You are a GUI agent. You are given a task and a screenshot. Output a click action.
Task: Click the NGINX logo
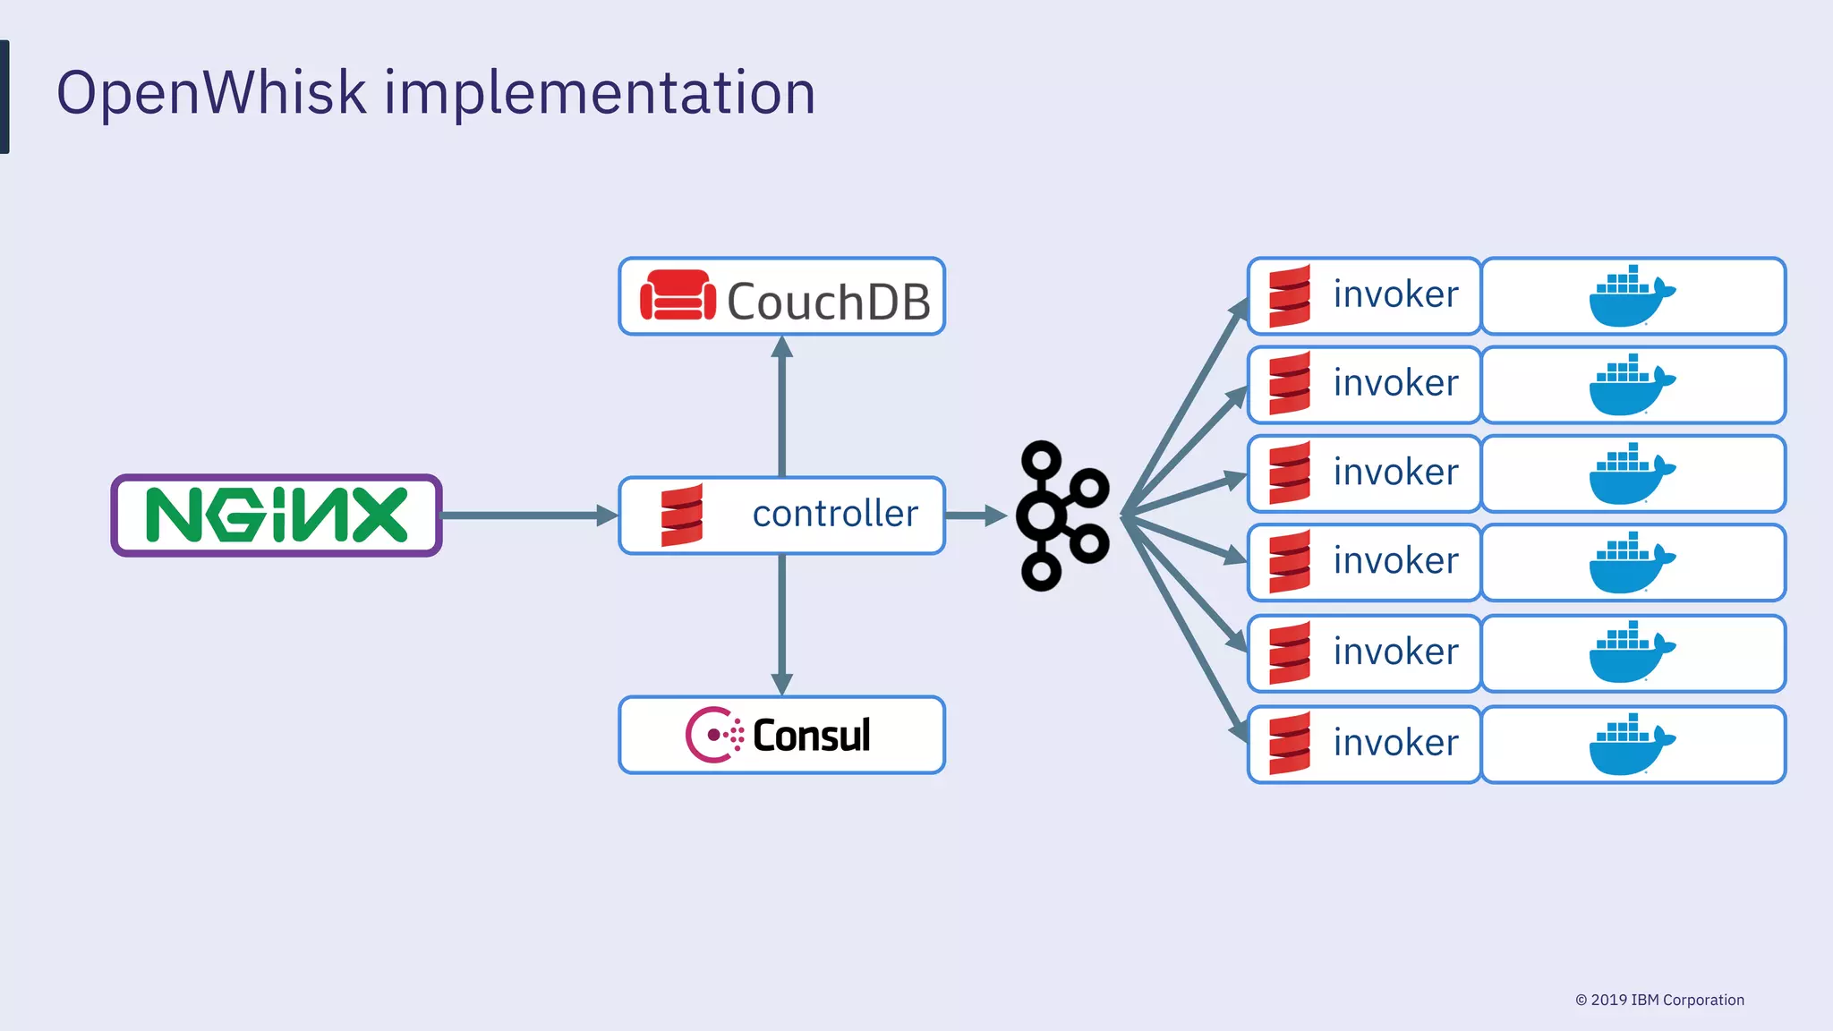[277, 515]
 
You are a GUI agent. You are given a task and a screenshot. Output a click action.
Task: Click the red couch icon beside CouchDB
[678, 296]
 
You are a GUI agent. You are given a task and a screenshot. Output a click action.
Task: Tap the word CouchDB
[828, 302]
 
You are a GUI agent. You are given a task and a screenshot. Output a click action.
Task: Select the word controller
[835, 514]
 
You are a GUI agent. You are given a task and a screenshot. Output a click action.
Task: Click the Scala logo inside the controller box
[682, 515]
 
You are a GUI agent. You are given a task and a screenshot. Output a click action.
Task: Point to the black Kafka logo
[1062, 515]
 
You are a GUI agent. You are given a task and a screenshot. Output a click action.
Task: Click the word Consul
[811, 736]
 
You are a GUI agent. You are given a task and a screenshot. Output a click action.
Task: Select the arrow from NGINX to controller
[528, 515]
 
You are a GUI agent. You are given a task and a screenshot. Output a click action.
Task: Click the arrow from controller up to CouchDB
[782, 407]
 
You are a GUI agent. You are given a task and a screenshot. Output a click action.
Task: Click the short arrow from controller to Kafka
[976, 515]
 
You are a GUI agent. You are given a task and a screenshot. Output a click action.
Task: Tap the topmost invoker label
[1395, 294]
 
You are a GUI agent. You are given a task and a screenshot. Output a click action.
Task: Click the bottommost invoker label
[1395, 743]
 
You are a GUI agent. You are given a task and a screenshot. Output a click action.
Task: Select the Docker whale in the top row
[1631, 296]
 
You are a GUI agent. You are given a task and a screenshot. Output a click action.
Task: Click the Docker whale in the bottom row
[1631, 745]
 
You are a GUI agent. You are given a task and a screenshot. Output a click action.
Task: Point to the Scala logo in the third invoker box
[1290, 473]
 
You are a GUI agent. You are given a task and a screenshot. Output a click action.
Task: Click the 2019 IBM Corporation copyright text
[1659, 1000]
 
